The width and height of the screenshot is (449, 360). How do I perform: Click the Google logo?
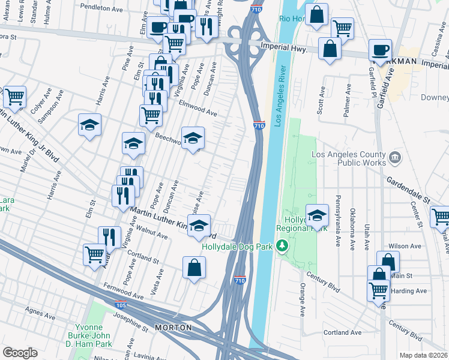(x=20, y=353)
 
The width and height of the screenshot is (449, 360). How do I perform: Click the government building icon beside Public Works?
(x=395, y=158)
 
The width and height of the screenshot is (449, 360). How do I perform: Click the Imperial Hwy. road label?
(x=285, y=48)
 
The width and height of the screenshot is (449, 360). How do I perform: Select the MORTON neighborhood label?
(x=173, y=328)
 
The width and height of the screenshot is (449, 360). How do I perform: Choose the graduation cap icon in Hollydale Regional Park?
(x=317, y=214)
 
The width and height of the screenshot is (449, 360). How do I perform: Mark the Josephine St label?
(x=129, y=325)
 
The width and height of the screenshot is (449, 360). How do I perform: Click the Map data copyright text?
(x=424, y=355)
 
